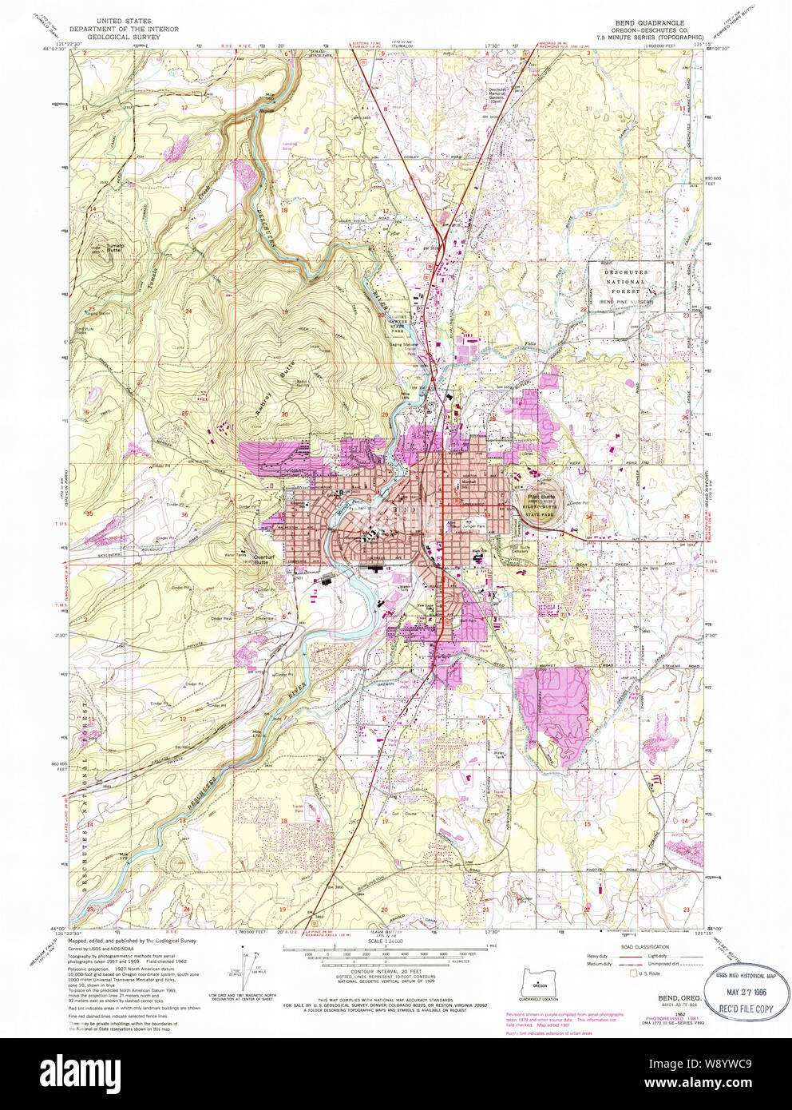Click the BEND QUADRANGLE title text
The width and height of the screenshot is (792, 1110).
(x=648, y=23)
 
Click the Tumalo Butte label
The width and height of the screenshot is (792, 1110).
(x=113, y=248)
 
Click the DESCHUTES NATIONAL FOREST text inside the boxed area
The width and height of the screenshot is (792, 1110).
(x=626, y=282)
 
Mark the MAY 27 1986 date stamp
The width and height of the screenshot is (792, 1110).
(x=746, y=993)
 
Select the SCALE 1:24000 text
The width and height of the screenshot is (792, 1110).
(x=380, y=942)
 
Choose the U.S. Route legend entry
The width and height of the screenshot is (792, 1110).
(x=645, y=973)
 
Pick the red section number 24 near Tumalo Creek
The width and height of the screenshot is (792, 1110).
(x=188, y=311)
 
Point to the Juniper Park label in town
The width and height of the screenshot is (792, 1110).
(x=473, y=526)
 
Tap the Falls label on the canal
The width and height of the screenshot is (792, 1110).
(x=530, y=344)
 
